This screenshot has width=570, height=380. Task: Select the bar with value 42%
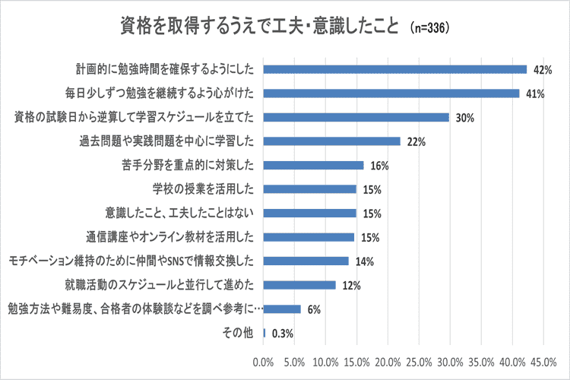pos(395,69)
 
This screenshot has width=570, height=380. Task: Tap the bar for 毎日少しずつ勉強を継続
pos(391,93)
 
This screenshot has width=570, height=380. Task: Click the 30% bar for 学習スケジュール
pos(356,117)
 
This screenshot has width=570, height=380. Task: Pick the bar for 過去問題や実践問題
pos(332,141)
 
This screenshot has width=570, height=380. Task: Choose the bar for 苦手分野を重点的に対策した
pos(314,165)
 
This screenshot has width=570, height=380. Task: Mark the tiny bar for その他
pos(264,333)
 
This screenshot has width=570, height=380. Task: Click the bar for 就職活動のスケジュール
pos(300,285)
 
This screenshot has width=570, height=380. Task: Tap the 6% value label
pos(315,309)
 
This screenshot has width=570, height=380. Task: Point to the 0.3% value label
pos(282,333)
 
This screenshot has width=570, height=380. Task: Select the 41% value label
pos(536,93)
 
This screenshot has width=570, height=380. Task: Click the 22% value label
pos(416,141)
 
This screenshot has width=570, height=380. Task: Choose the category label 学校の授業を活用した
pos(208,189)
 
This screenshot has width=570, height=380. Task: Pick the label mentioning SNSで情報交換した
pos(136,261)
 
